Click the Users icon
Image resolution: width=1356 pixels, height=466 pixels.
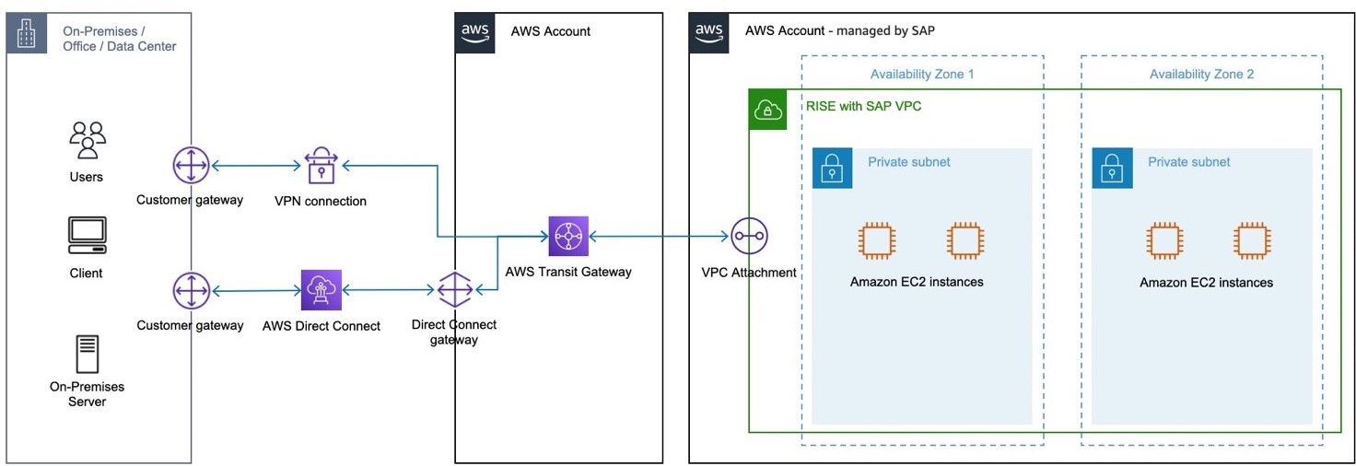coord(87,141)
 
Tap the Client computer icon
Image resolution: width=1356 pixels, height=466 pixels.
coord(87,236)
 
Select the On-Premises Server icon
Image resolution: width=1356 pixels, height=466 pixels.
coord(87,355)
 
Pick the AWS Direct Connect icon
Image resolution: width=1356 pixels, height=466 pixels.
coord(321,290)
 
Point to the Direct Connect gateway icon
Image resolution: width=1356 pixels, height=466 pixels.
coord(454,291)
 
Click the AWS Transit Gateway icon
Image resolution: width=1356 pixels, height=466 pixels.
coord(568,237)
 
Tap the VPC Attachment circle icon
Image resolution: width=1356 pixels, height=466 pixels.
coord(749,238)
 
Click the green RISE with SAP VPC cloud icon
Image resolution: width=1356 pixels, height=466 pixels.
coord(767,110)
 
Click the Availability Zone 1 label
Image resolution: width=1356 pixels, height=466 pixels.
coord(922,75)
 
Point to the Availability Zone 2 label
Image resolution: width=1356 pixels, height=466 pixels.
coord(1201,75)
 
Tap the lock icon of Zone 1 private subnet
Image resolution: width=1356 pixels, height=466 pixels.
coord(832,169)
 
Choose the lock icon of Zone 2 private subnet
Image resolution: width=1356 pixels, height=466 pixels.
coord(1112,169)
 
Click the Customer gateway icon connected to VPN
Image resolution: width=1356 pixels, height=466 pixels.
coord(191,166)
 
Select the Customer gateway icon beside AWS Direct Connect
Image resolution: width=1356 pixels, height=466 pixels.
coord(191,291)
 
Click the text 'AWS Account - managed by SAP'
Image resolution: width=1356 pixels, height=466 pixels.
coord(840,31)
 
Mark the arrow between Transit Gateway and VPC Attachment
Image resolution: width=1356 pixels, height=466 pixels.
coord(660,238)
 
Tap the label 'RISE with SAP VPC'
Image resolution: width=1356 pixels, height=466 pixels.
coord(863,107)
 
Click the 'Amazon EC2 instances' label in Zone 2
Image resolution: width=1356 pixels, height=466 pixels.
coord(1206,283)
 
